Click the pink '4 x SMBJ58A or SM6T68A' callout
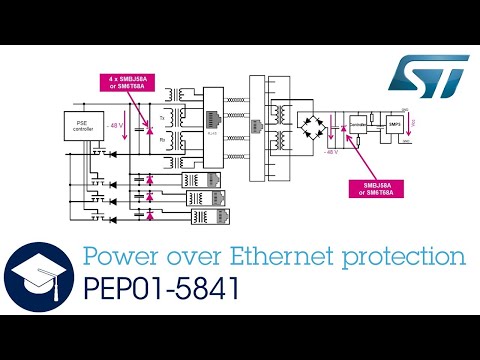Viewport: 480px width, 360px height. [x=134, y=82]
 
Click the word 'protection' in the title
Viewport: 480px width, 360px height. [x=413, y=257]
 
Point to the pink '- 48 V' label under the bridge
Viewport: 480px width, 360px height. [x=331, y=154]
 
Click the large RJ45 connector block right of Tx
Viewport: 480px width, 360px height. [x=211, y=125]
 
